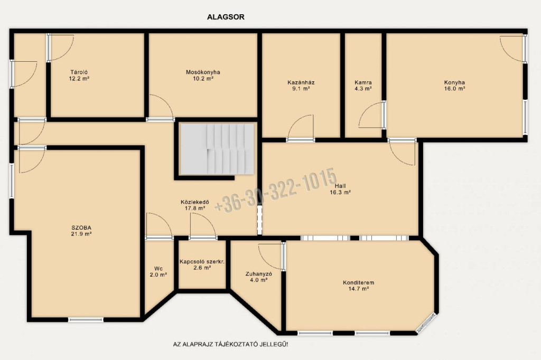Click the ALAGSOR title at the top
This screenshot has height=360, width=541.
226,17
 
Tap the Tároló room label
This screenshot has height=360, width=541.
79,75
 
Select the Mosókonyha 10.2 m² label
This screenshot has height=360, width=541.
203,75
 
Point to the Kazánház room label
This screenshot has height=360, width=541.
301,86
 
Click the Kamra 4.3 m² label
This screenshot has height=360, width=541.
363,86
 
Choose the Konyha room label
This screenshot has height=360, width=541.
454,86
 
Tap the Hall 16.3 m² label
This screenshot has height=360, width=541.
340,189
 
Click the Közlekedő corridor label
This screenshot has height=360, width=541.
194,205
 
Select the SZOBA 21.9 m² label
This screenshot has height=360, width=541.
81,231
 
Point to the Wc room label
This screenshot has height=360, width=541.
158,272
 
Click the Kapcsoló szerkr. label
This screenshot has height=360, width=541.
202,264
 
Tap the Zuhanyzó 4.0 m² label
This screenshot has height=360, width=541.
259,277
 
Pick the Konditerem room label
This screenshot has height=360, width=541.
359,286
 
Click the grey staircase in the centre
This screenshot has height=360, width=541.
217,149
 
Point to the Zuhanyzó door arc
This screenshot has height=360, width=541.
270,257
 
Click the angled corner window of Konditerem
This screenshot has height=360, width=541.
426,323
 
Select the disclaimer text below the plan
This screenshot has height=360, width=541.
230,345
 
